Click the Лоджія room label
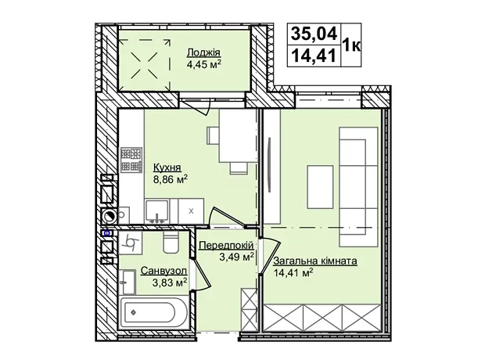coord(204,53)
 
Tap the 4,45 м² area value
coord(204,64)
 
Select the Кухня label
coord(167,167)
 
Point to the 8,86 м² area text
coord(171,179)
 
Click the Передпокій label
coord(227,246)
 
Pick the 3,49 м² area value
coord(236,257)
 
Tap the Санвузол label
coord(164,271)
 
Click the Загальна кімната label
coord(315,261)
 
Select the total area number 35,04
coord(314,34)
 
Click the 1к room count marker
coord(351,45)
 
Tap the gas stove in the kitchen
coord(131,160)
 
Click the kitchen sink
coord(157,211)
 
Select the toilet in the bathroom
coord(171,243)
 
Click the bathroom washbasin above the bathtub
coord(128,282)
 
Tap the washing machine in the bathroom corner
coord(131,242)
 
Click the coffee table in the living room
coord(320,187)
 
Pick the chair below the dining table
coord(238,167)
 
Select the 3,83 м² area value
coord(171,283)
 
